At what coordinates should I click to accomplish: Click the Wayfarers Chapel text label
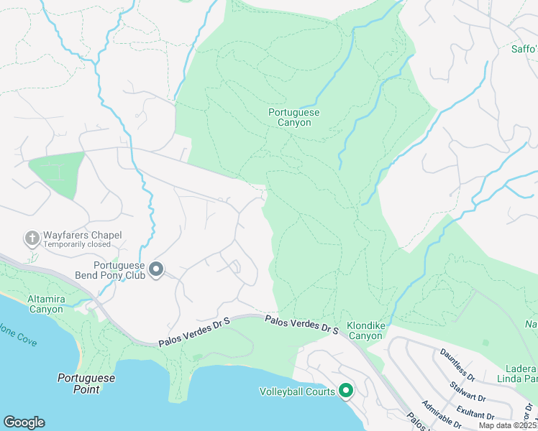[x=82, y=235]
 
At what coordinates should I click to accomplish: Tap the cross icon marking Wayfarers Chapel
[x=32, y=237]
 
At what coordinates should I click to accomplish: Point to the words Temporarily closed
[x=77, y=244]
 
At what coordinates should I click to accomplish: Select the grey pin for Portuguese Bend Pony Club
[x=156, y=269]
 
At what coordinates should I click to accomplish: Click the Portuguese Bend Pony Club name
[x=111, y=269]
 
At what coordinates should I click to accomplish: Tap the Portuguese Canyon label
[x=293, y=117]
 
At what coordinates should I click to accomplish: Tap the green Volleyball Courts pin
[x=346, y=391]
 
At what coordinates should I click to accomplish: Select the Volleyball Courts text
[x=297, y=391]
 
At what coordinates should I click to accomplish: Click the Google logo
[x=24, y=422]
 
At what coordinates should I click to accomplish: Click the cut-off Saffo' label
[x=524, y=50]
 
